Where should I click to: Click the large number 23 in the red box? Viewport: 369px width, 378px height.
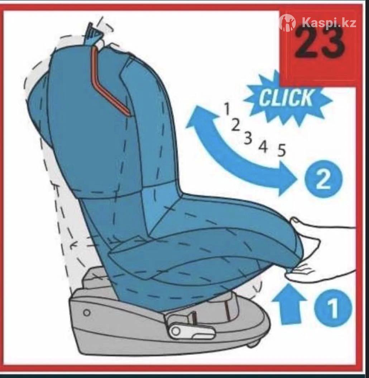coord(320,43)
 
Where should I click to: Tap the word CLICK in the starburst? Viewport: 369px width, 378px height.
coord(286,98)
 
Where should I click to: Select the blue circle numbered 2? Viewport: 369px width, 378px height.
coord(323,179)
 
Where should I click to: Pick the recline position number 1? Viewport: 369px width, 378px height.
coord(227,108)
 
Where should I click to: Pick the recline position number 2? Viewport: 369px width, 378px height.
coord(236,125)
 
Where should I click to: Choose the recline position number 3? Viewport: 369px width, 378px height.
coord(248,138)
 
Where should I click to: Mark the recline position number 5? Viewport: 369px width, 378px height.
coord(282,150)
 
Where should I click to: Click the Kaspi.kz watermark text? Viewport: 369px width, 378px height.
coord(329,23)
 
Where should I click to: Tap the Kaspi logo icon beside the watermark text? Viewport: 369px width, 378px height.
coord(288,23)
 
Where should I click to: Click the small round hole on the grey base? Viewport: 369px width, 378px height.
coord(87,313)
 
